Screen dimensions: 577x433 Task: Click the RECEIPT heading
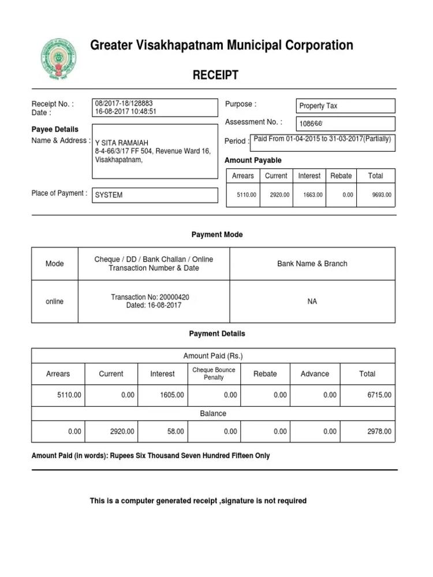click(x=215, y=75)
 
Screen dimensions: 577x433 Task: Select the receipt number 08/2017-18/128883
click(x=124, y=103)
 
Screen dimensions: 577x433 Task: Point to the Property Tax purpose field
click(x=318, y=106)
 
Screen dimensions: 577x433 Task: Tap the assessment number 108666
click(x=311, y=123)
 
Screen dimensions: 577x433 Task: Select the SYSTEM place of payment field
click(x=109, y=195)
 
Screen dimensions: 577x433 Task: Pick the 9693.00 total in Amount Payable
click(x=382, y=196)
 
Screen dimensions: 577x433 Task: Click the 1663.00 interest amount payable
click(x=313, y=196)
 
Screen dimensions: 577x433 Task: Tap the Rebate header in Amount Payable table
click(x=341, y=176)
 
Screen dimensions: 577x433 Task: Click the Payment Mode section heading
click(x=217, y=235)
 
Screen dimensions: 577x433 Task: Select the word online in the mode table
click(x=54, y=302)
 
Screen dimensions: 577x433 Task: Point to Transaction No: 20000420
click(x=150, y=297)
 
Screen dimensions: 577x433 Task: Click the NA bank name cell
click(x=312, y=302)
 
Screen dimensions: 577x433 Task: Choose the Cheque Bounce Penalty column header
click(x=214, y=373)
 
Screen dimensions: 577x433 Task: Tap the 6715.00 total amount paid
click(x=379, y=395)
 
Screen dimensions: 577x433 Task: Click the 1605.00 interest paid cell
click(x=173, y=395)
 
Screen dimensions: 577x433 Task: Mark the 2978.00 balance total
click(x=379, y=432)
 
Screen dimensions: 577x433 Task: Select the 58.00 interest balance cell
click(x=176, y=432)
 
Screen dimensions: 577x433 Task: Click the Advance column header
click(x=315, y=374)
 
